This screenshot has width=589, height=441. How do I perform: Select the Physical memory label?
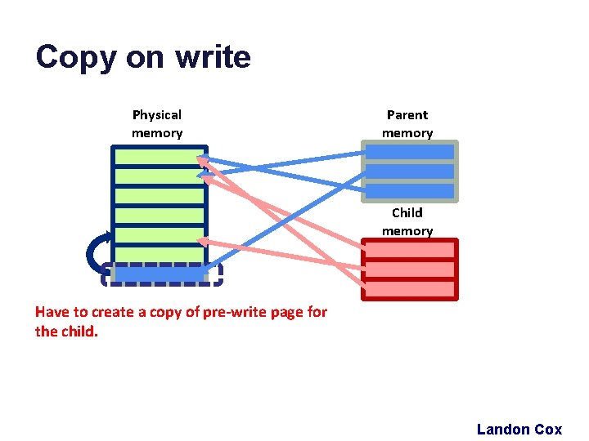click(157, 124)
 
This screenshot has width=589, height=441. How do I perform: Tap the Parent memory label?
click(407, 124)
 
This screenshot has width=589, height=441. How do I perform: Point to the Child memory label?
click(407, 221)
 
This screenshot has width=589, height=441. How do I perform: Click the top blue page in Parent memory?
click(409, 152)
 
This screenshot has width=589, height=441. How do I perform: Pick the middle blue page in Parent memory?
click(409, 171)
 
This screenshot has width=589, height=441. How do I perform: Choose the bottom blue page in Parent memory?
click(409, 191)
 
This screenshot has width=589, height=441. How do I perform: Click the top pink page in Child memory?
click(409, 250)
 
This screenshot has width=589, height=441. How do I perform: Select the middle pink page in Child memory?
click(409, 269)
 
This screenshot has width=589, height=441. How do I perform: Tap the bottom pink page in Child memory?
click(409, 289)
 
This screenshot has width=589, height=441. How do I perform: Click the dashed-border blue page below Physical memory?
click(161, 275)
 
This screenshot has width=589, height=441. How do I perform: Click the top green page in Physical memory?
click(160, 156)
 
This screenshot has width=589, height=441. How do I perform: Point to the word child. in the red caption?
click(78, 332)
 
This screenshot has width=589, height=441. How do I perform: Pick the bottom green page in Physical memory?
click(160, 255)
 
